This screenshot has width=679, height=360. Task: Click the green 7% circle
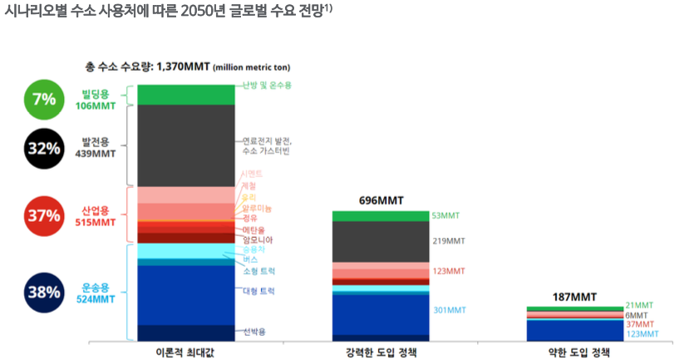[43, 99]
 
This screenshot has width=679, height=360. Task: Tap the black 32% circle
[43, 148]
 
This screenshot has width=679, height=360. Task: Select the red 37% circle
[43, 215]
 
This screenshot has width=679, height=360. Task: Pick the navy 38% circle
[43, 293]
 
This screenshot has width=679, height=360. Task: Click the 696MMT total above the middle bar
[381, 201]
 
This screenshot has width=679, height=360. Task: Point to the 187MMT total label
[574, 297]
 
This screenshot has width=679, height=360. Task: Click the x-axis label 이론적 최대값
[185, 352]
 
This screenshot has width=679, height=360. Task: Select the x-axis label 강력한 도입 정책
[381, 352]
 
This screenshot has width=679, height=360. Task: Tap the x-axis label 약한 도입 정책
[574, 352]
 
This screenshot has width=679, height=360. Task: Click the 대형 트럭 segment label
[258, 291]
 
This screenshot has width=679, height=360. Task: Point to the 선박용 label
[254, 332]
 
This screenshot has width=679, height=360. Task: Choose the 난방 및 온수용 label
[267, 86]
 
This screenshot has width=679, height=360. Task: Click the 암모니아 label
[257, 239]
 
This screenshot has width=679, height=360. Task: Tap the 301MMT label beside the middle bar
[450, 310]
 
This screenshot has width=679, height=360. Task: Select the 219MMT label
[450, 241]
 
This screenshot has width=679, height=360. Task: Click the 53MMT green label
[445, 215]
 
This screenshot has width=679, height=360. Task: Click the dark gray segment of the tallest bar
[185, 145]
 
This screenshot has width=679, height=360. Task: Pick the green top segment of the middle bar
[381, 216]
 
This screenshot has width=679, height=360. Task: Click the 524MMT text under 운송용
[96, 299]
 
